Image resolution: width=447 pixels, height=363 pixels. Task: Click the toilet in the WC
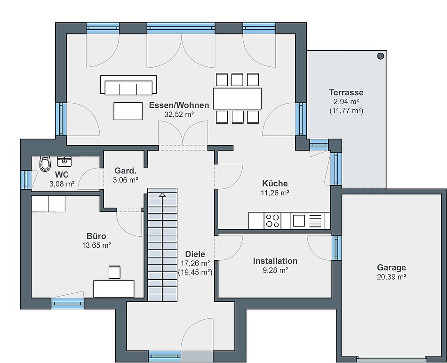(45, 163)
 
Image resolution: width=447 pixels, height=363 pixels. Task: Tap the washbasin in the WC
(64, 161)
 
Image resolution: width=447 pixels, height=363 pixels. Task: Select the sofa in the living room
(128, 85)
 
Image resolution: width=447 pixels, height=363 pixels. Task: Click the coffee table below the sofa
(128, 111)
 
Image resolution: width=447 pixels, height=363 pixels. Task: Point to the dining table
(237, 98)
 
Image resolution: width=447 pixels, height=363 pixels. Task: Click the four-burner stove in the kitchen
(272, 221)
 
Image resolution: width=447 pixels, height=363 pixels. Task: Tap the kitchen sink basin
(299, 221)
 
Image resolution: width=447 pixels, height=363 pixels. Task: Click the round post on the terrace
(381, 56)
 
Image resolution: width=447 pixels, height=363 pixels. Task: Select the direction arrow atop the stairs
(162, 195)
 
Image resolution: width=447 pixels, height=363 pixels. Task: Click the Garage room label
(391, 267)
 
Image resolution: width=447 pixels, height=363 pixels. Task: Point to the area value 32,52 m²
(179, 114)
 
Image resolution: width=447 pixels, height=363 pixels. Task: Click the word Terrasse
(346, 92)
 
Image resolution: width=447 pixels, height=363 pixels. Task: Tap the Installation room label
(275, 261)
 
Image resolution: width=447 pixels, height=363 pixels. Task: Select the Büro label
(96, 236)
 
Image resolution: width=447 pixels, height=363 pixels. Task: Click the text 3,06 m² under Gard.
(126, 180)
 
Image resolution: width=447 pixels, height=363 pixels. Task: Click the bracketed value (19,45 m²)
(195, 272)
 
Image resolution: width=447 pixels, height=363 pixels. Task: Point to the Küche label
(275, 183)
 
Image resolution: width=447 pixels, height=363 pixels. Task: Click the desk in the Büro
(114, 289)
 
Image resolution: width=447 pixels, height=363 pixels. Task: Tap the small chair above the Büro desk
(114, 272)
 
